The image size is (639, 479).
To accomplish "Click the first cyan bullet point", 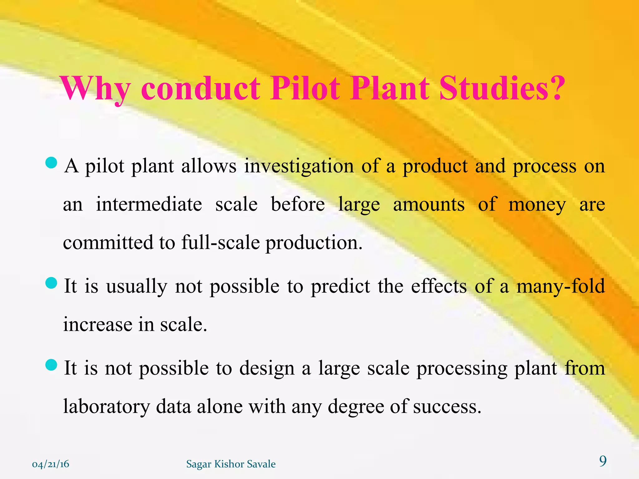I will tap(51, 163).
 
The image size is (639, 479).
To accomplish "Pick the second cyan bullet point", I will tap(51, 283).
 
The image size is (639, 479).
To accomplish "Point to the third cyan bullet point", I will tap(51, 365).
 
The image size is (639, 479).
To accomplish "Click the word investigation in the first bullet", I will tap(299, 166).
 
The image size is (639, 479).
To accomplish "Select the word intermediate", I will tap(149, 205).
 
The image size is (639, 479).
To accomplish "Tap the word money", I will tap(537, 205).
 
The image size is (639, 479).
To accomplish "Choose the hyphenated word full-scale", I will tap(220, 243).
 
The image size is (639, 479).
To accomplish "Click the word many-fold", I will tap(561, 286).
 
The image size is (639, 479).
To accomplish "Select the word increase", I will tap(98, 325).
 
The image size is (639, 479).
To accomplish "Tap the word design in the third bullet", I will tap(267, 369).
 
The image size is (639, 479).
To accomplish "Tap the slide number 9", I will tap(603, 461).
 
